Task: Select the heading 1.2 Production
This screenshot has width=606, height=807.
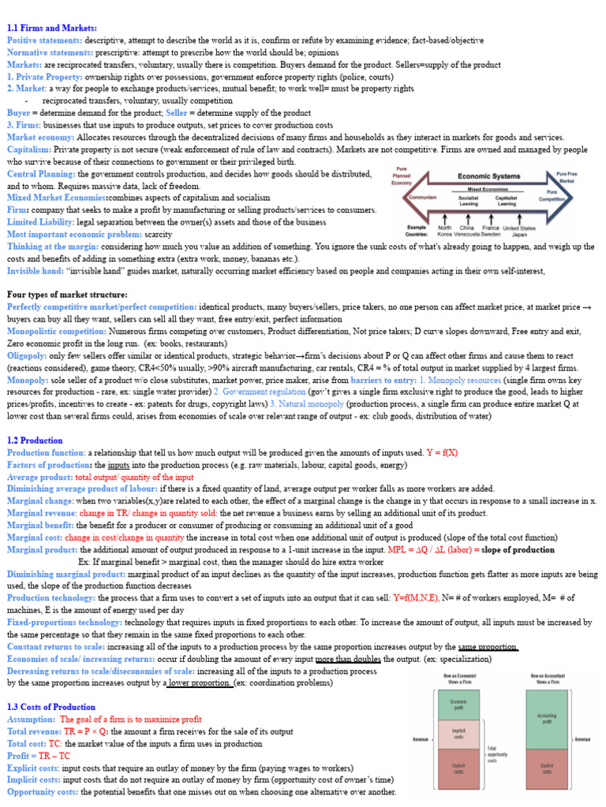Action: pos(36,441)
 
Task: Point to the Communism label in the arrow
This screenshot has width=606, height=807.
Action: pos(423,198)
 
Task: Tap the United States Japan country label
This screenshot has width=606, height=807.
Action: pos(518,231)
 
